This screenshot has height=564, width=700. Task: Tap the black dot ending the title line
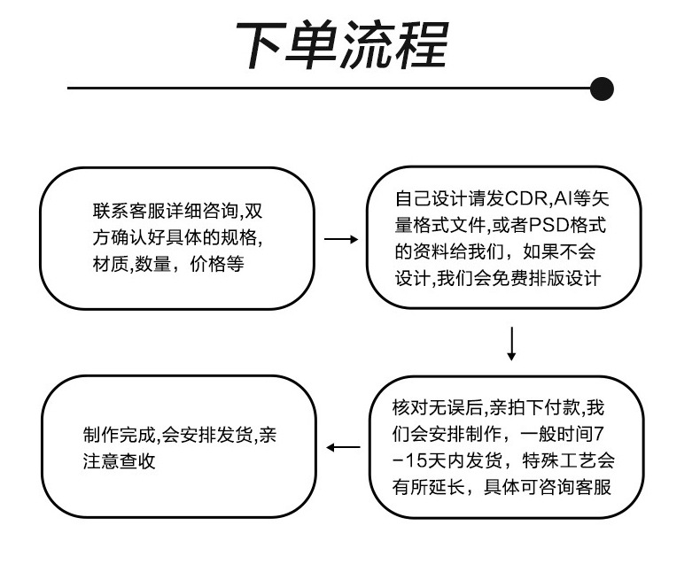pos(602,88)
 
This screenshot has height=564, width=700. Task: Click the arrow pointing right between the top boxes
pos(341,239)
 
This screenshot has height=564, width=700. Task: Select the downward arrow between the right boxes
pos(511,344)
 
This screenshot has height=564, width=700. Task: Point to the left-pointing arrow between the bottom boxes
pos(344,448)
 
